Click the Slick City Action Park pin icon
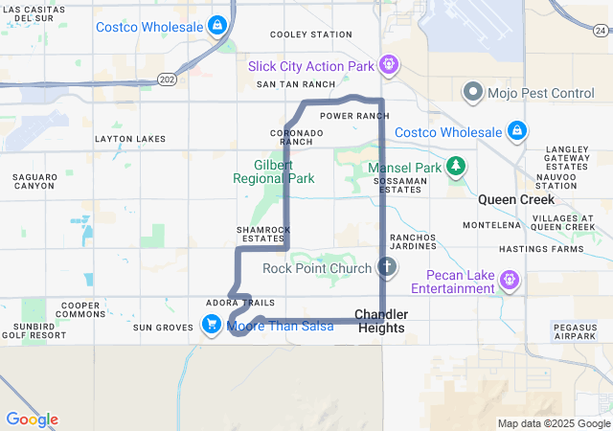pyautogui.click(x=387, y=66)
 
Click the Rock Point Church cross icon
pyautogui.click(x=386, y=267)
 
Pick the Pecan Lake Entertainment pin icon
pyautogui.click(x=510, y=281)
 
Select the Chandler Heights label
pyautogui.click(x=381, y=321)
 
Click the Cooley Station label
pyautogui.click(x=311, y=34)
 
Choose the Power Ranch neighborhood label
pyautogui.click(x=354, y=116)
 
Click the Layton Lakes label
pyautogui.click(x=130, y=139)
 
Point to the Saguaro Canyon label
pyautogui.click(x=34, y=181)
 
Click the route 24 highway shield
pyautogui.click(x=605, y=7)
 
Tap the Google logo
pyautogui.click(x=32, y=420)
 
